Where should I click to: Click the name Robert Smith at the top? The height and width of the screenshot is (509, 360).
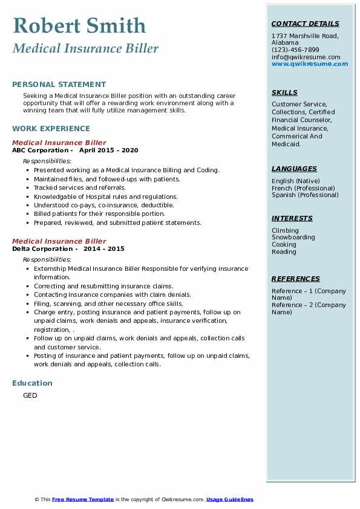coord(79,25)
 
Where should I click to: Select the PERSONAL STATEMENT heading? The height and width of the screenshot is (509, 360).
coord(59,85)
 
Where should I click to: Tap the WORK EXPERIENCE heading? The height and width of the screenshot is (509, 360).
coord(51,128)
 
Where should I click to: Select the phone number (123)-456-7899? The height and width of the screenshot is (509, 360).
coord(295,50)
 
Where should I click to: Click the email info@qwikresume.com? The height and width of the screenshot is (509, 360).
coord(306,57)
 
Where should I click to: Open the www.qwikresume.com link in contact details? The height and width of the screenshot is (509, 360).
coord(310,64)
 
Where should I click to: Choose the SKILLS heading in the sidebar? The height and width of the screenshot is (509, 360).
coord(284,93)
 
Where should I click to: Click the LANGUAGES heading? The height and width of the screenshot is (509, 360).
coord(294,169)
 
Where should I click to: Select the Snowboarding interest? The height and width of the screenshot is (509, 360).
coord(293,238)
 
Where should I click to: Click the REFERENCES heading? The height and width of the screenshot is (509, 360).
coord(296,279)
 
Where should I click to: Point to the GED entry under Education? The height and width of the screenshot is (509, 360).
coord(30,396)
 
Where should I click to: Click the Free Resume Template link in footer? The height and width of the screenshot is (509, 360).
coord(83,500)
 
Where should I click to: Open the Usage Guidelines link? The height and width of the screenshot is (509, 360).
coord(229,500)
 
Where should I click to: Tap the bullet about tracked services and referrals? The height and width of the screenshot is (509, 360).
coord(80,188)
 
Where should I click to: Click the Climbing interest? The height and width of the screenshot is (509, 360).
coord(285,230)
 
